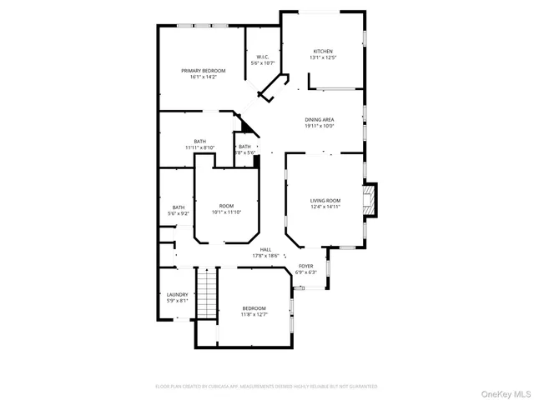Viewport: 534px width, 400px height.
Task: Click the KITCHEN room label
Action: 323,51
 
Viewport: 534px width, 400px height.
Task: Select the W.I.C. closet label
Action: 262,57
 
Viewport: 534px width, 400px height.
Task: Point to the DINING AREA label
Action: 319,120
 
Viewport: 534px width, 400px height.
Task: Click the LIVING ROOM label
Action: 325,200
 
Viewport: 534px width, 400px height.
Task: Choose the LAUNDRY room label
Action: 177,294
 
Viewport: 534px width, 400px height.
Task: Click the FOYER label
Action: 306,266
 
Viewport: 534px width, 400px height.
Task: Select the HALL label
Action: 265,249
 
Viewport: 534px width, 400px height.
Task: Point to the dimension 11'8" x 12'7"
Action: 254,314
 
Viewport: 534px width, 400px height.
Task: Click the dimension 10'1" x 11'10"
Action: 226,212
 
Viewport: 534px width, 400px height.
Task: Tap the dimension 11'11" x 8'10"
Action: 200,147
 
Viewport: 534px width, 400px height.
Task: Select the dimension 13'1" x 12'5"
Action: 323,57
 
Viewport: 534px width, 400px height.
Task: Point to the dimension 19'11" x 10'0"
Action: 319,127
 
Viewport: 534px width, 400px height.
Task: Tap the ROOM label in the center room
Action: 226,205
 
